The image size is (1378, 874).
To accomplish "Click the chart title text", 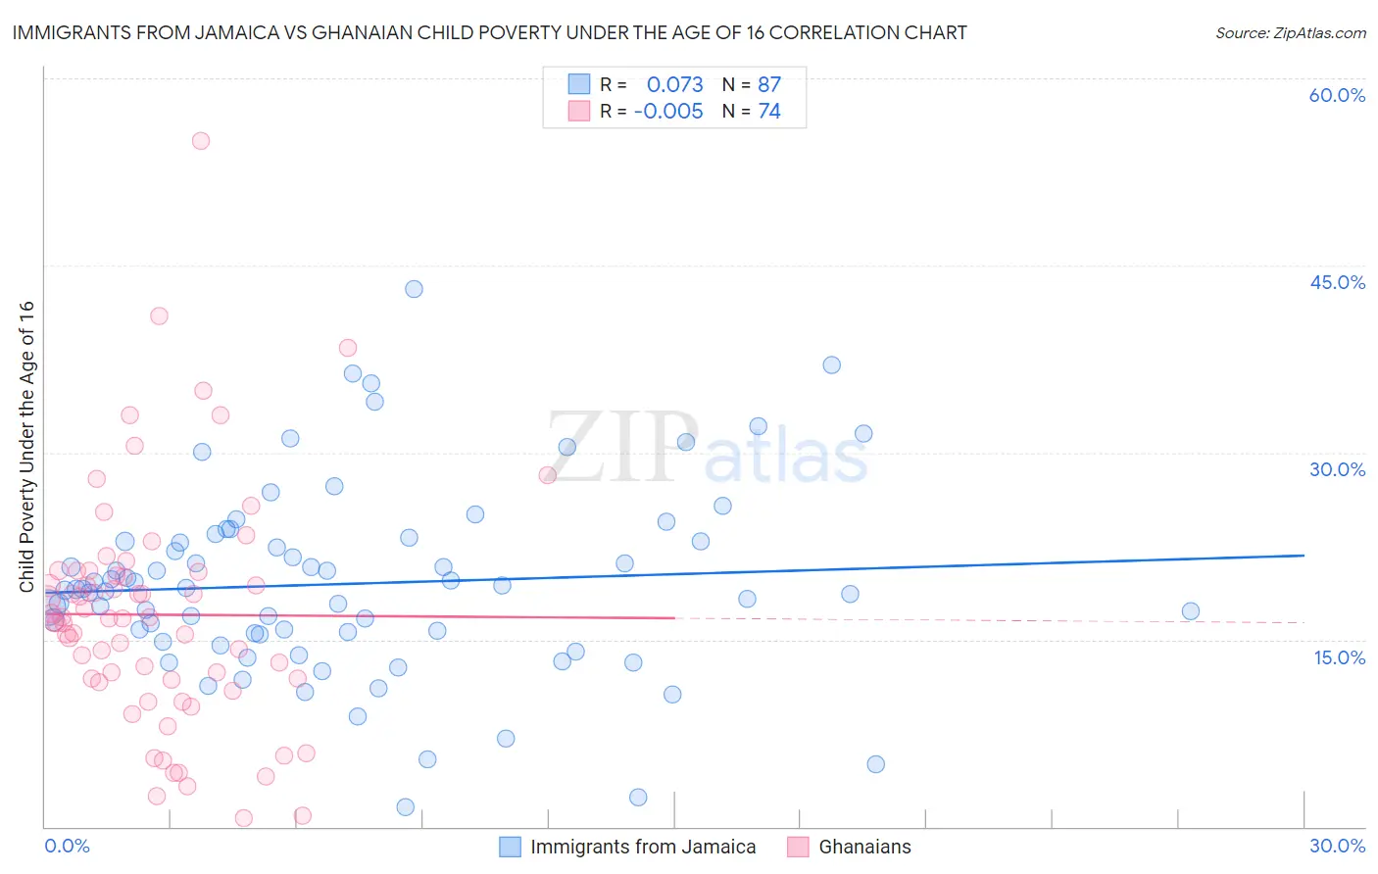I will coord(488,32).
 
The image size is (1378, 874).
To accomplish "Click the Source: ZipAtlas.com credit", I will coord(1290,32).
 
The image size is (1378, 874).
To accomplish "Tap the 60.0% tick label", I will coord(1337,95).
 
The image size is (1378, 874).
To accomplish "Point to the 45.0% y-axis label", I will coord(1337,282).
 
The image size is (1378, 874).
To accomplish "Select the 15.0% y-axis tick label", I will coord(1339,657).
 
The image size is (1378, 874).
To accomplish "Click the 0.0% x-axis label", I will coord(67,846).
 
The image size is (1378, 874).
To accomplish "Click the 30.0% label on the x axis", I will coord(1337,846).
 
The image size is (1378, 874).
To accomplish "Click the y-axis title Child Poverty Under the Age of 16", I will coord(27,446).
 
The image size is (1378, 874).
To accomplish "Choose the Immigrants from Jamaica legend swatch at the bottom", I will coord(511,847).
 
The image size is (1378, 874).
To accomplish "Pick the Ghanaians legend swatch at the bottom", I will coord(798,847).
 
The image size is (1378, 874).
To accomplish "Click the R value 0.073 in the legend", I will coord(674,85).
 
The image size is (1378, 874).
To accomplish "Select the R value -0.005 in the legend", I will coord(668,112).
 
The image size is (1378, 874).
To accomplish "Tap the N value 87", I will coord(769,85).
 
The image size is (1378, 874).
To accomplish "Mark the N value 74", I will coord(769,112).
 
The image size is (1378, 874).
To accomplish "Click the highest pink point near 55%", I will coord(201,141).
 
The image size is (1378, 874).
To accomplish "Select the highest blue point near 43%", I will coord(414,289).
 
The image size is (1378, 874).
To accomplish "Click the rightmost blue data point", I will coord(1190,611).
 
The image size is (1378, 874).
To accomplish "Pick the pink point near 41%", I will coord(159,316).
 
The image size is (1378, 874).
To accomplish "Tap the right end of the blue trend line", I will coord(1304,556).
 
